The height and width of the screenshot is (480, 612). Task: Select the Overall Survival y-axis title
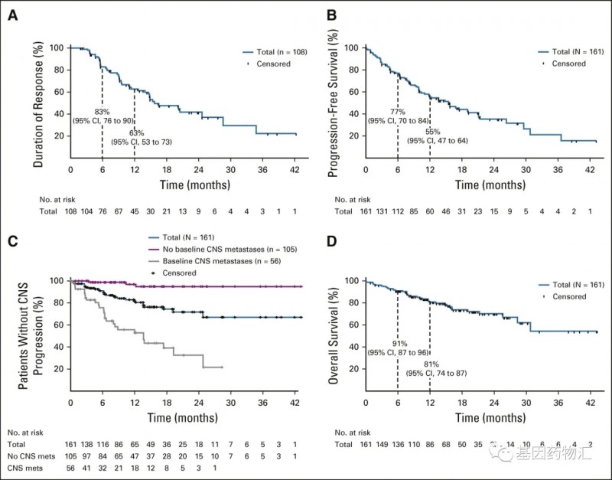(332, 335)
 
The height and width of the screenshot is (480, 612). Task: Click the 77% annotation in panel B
(398, 112)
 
